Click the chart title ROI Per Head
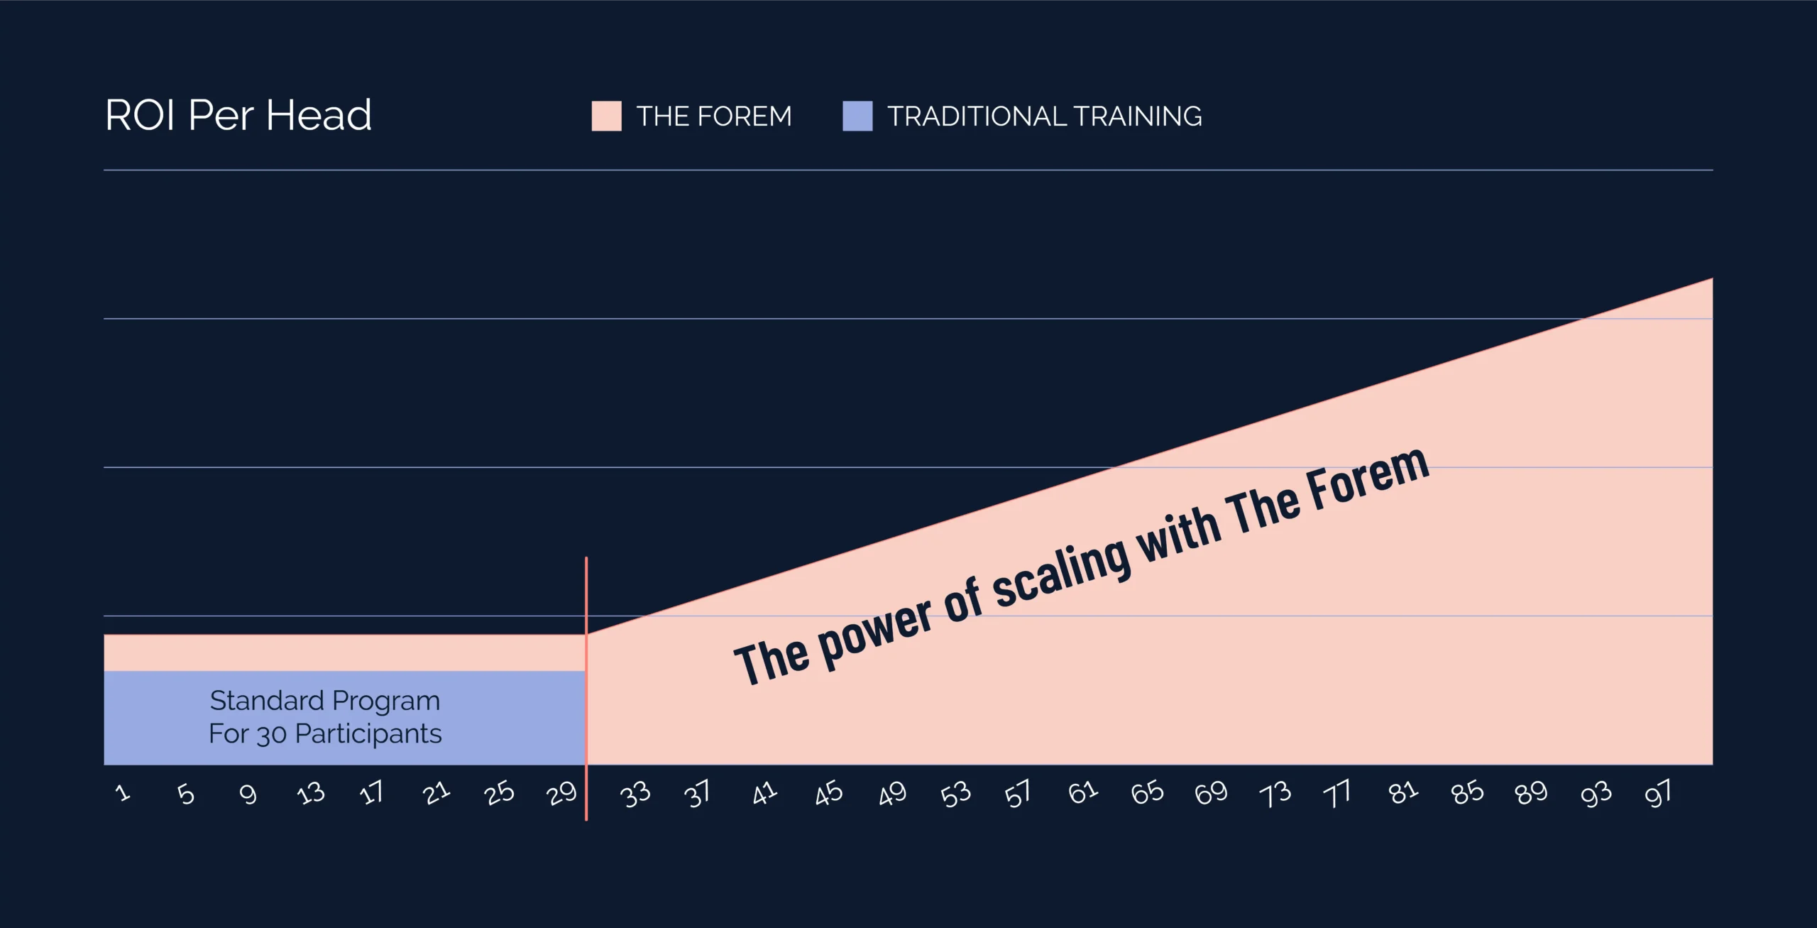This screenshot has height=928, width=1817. pyautogui.click(x=238, y=115)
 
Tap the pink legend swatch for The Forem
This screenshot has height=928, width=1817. pyautogui.click(x=606, y=116)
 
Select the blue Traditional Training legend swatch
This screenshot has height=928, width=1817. pyautogui.click(x=857, y=116)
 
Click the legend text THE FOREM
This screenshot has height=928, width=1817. pyautogui.click(x=714, y=116)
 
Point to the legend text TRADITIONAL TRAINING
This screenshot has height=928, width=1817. pyautogui.click(x=1045, y=116)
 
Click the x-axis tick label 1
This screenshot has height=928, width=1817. pyautogui.click(x=123, y=792)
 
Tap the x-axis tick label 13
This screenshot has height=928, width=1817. pyautogui.click(x=311, y=793)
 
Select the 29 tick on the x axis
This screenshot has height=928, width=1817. pyautogui.click(x=562, y=793)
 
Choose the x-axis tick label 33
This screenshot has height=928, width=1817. pyautogui.click(x=635, y=795)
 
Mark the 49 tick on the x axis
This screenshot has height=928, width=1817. pyautogui.click(x=892, y=793)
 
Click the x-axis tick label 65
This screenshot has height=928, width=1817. pyautogui.click(x=1147, y=792)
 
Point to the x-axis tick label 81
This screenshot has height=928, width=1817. pyautogui.click(x=1403, y=792)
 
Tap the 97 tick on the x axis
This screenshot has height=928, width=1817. pyautogui.click(x=1658, y=794)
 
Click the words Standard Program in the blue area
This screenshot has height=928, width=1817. pyautogui.click(x=325, y=701)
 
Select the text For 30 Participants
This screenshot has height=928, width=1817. pyautogui.click(x=325, y=733)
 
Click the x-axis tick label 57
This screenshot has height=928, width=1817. pyautogui.click(x=1018, y=794)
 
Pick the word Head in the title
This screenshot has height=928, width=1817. pyautogui.click(x=319, y=115)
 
